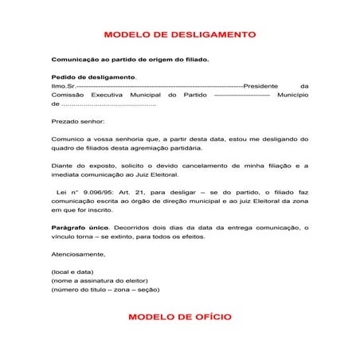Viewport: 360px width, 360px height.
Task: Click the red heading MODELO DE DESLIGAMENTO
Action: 180,36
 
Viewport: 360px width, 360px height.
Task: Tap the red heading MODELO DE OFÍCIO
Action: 180,317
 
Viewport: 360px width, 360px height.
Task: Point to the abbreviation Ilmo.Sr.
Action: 64,85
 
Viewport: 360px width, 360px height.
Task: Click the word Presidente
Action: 265,85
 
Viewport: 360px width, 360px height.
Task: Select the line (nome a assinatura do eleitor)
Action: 100,281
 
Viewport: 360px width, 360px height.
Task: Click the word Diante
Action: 63,166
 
